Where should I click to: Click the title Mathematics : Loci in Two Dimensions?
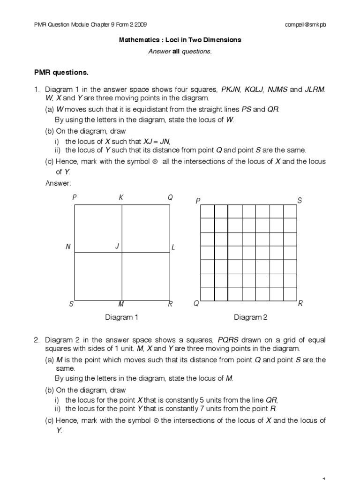(x=180, y=40)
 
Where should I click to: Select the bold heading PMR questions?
(x=61, y=73)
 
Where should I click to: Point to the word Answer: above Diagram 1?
(x=58, y=183)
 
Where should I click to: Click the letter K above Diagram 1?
(x=121, y=198)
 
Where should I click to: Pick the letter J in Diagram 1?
(x=117, y=246)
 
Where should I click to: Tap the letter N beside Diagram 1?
(x=68, y=247)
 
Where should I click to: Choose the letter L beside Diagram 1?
(x=173, y=247)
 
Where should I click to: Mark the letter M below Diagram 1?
(x=121, y=304)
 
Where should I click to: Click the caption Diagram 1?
(x=121, y=317)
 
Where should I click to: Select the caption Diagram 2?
(x=250, y=317)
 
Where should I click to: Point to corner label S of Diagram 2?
(x=300, y=201)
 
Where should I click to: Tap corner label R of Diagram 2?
(x=300, y=304)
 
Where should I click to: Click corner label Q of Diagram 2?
(x=197, y=304)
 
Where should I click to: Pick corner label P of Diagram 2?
(x=198, y=201)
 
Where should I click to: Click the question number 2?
(x=36, y=339)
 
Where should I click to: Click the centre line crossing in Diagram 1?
(x=122, y=253)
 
